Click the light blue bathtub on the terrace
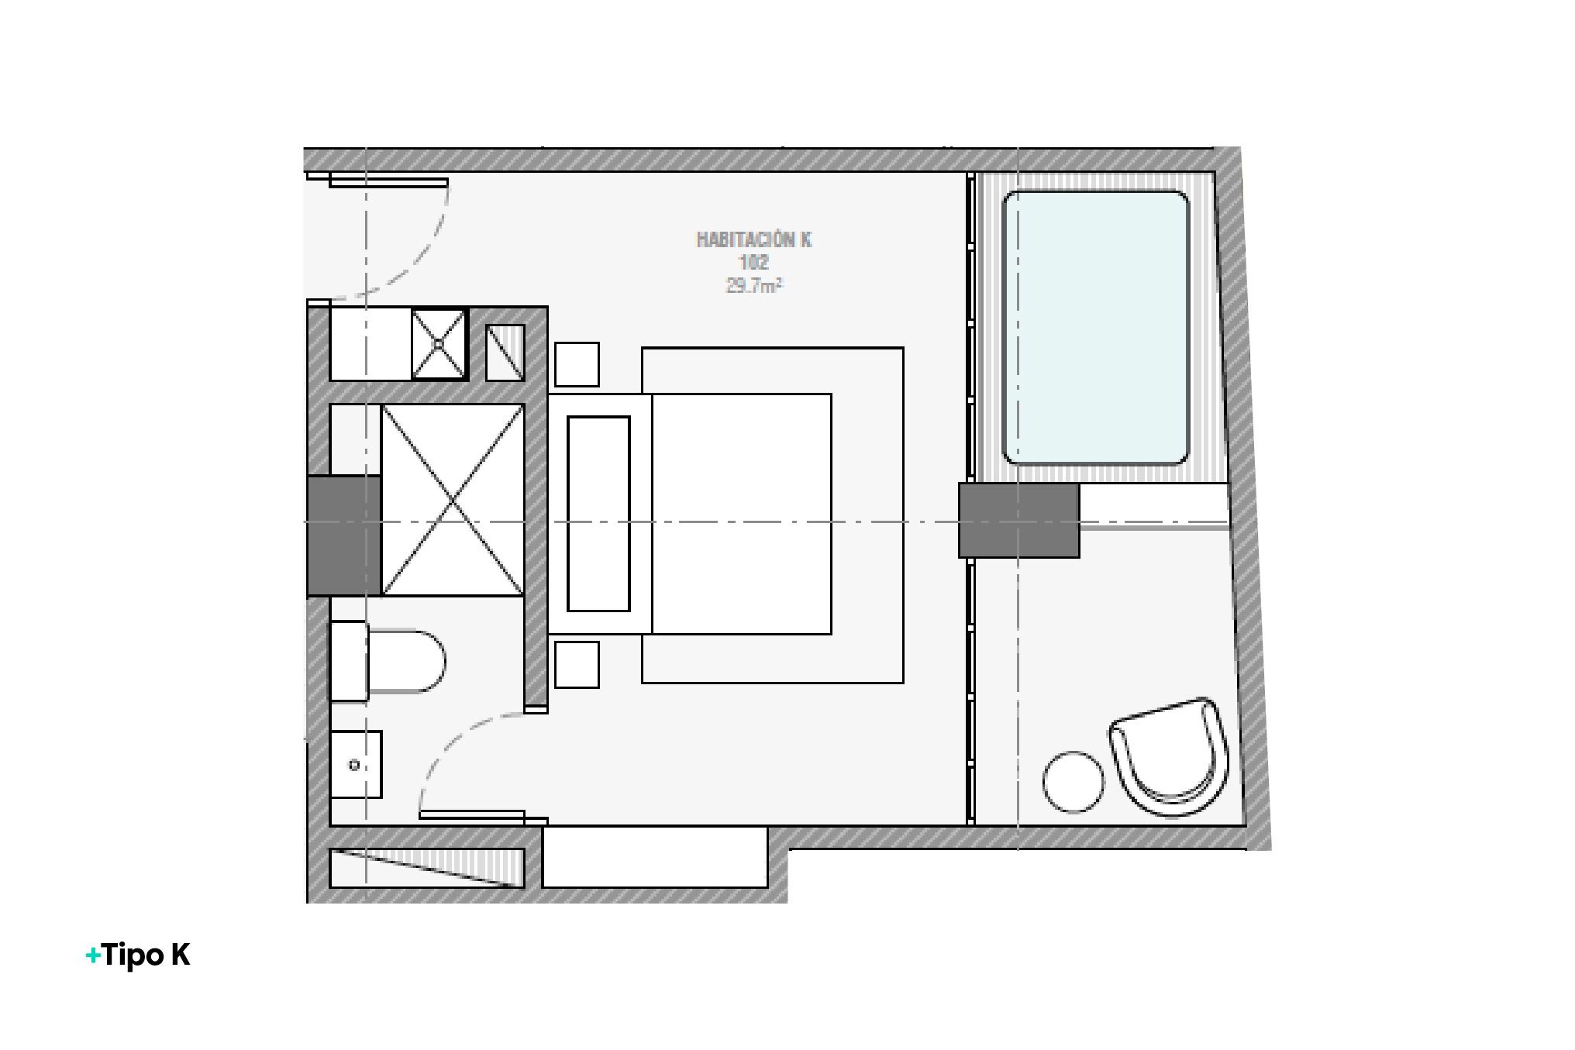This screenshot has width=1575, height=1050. click(1095, 328)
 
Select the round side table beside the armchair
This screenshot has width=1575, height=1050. click(1073, 782)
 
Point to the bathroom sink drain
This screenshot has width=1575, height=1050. click(354, 766)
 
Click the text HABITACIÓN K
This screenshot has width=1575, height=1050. click(753, 239)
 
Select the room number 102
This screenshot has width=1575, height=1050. click(753, 263)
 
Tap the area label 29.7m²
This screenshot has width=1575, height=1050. click(753, 286)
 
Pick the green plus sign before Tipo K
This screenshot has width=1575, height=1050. click(93, 955)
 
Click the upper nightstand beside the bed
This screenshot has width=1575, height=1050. click(577, 364)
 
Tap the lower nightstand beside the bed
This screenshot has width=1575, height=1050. click(577, 665)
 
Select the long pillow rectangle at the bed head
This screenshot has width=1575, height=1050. click(598, 514)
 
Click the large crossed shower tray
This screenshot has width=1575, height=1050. click(453, 500)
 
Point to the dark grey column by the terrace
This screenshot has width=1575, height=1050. click(1018, 520)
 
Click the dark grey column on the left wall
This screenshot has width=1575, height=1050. click(344, 535)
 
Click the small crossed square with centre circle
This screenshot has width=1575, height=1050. click(439, 343)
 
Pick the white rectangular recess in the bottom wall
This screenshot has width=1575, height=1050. click(655, 856)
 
